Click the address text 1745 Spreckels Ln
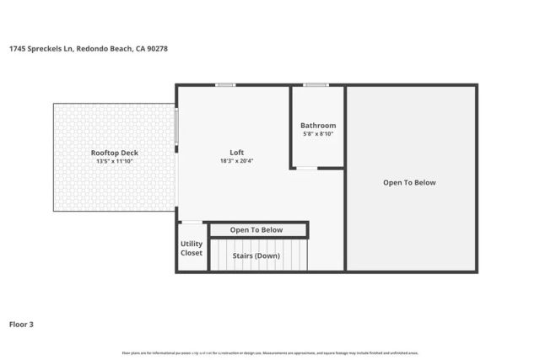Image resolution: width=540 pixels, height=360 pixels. point(40,48)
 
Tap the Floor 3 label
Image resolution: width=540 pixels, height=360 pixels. point(21,324)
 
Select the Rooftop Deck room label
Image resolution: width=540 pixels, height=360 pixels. point(115,153)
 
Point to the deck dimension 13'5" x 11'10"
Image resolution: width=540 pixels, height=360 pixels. point(115,161)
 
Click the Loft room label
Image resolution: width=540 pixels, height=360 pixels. point(237,153)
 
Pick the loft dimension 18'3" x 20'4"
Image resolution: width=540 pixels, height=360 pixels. point(237,161)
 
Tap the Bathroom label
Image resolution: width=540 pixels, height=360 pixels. point(318,126)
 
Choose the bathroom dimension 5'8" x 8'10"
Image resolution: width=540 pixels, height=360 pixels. point(318,134)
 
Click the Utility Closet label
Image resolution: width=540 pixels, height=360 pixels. point(192,249)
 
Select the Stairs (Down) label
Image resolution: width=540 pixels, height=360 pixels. point(256,255)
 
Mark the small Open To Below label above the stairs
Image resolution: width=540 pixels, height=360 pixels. point(256,230)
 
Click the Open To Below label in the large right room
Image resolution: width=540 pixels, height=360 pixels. point(409,183)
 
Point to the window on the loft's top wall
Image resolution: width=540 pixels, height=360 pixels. point(225,84)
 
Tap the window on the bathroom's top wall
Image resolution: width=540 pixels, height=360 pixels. point(316,84)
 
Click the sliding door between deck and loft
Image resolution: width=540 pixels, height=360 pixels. point(177,126)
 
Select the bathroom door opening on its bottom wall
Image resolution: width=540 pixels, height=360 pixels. point(307,168)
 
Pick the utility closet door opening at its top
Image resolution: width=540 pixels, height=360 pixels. point(192,222)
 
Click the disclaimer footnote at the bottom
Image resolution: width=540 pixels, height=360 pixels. point(270,353)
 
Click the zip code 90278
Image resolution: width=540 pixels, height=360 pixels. point(158,48)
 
